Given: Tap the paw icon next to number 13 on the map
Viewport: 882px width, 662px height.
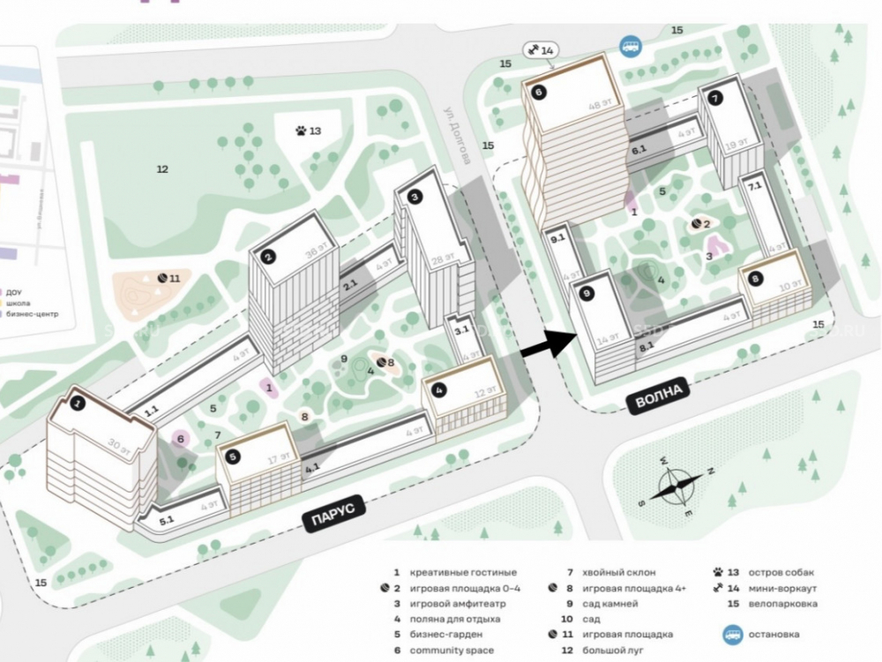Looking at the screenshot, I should [x=303, y=132].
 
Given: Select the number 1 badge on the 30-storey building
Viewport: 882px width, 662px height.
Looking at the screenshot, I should [x=78, y=404].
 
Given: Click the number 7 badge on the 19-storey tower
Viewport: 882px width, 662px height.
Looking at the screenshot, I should [x=714, y=98].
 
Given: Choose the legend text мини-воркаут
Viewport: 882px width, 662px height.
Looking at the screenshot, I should [x=782, y=588].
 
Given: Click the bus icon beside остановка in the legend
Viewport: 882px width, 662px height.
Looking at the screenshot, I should [x=731, y=634].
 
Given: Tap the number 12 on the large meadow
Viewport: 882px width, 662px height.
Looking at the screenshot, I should [x=161, y=169].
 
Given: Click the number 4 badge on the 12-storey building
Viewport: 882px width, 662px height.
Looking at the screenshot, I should [x=438, y=388].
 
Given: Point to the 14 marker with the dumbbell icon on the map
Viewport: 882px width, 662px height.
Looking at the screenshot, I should [x=540, y=50].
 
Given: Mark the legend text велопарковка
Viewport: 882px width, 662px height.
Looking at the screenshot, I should [x=783, y=604].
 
